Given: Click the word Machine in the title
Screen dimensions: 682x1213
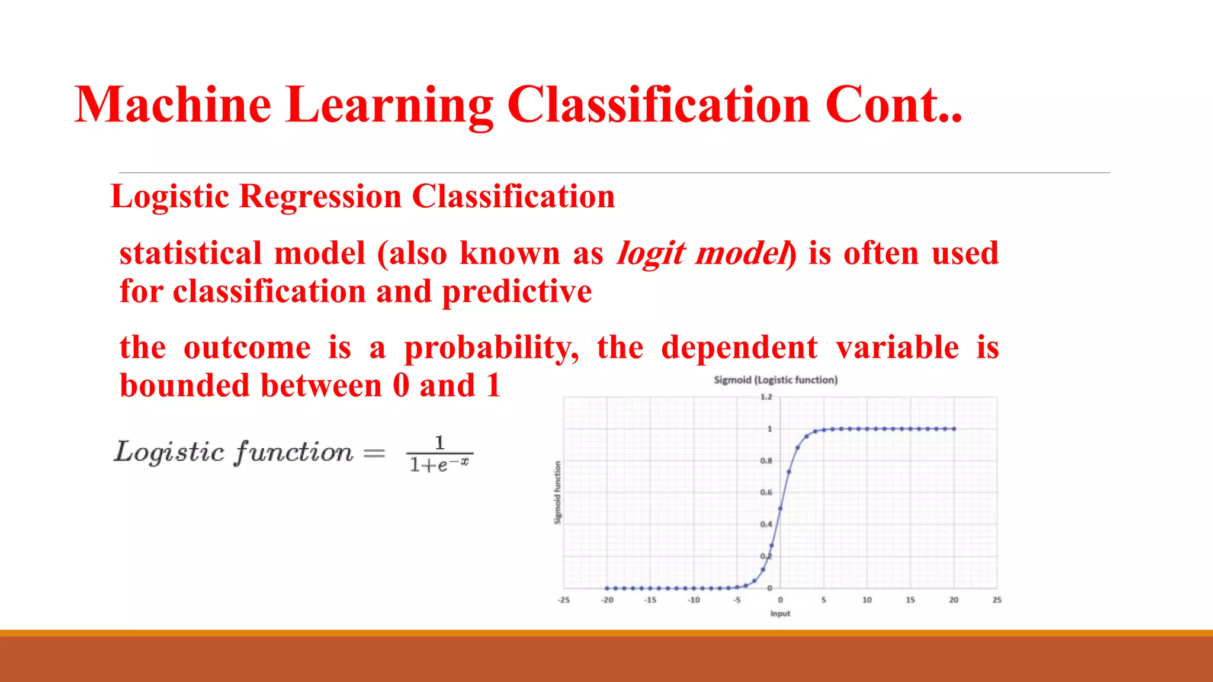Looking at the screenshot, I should tap(173, 105).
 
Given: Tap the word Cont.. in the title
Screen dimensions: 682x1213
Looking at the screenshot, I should tap(893, 105).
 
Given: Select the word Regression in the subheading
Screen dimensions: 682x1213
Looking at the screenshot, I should tap(320, 197).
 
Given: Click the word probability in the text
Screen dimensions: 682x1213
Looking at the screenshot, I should tap(491, 348).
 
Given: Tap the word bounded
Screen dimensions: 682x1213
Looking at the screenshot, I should tap(185, 386).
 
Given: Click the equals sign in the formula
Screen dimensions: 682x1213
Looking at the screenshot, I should tap(374, 454).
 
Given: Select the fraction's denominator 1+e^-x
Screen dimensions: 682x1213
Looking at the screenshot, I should tap(439, 465).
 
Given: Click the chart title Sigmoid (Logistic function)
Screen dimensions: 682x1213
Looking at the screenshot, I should tap(775, 380).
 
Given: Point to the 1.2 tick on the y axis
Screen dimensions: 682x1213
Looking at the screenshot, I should tap(766, 397).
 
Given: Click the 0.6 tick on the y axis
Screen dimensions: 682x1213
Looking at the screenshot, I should tap(766, 493).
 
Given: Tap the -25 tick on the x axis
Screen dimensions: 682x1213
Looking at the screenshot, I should tap(563, 600).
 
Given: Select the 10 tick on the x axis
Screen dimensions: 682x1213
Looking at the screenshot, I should tap(867, 600).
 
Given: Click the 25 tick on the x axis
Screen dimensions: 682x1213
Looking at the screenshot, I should tap(997, 600).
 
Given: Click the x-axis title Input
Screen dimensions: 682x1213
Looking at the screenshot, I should tap(780, 614).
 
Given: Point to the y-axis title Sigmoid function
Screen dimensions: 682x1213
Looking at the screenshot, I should tap(557, 493).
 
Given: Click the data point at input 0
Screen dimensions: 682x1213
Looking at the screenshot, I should tap(780, 509).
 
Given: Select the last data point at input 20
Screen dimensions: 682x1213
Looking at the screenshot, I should tap(954, 429).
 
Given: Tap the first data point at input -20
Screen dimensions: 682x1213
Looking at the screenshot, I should tap(607, 588).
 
